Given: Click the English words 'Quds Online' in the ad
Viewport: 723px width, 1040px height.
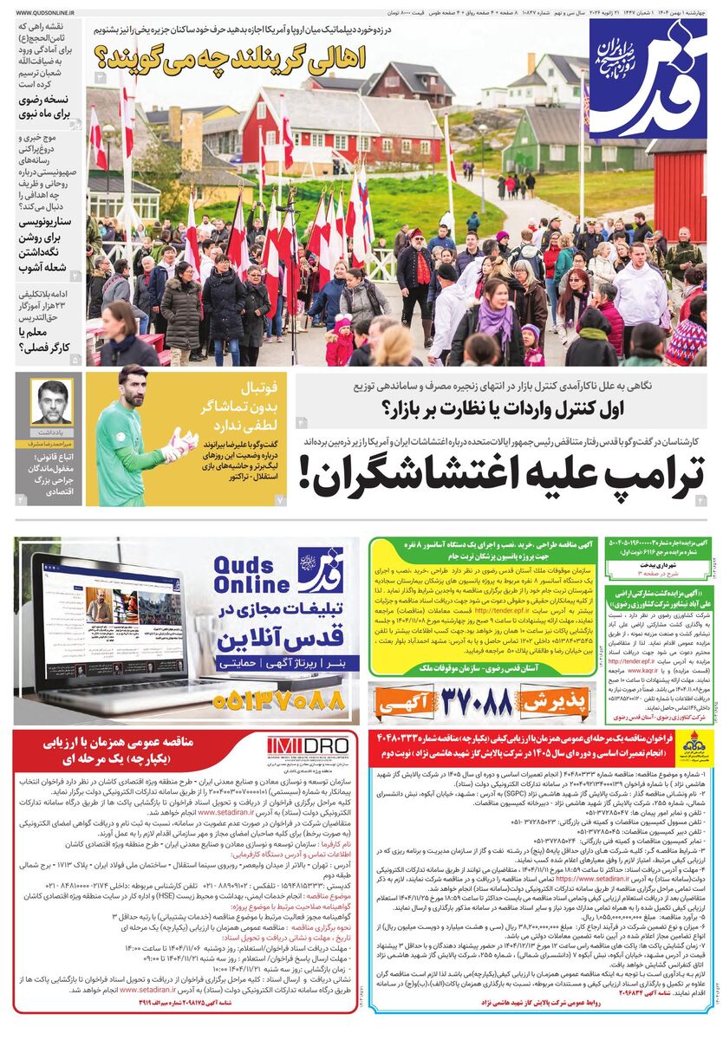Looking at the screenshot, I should coord(252,573).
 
